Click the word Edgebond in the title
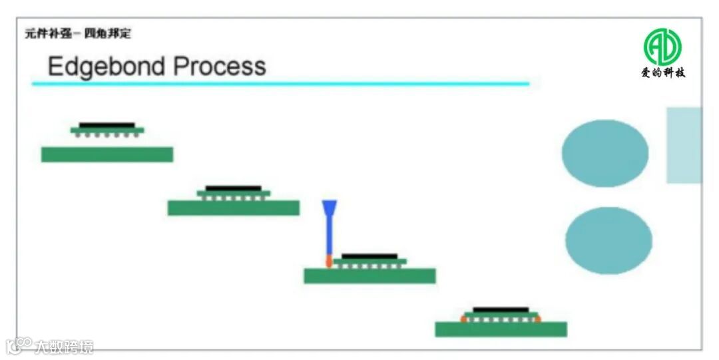click(107, 67)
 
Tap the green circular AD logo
click(662, 47)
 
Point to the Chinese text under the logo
click(662, 73)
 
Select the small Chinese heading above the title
click(78, 34)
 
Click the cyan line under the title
click(280, 84)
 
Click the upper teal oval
click(604, 153)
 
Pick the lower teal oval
click(608, 240)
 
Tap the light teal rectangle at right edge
click(684, 145)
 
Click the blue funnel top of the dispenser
click(329, 206)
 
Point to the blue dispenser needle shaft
click(329, 233)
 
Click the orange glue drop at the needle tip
click(329, 261)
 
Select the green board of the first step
click(107, 154)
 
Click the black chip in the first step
click(107, 124)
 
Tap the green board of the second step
click(233, 208)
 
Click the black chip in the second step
click(233, 188)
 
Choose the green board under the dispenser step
click(369, 275)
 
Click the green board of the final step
click(501, 329)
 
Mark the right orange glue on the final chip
click(537, 318)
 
